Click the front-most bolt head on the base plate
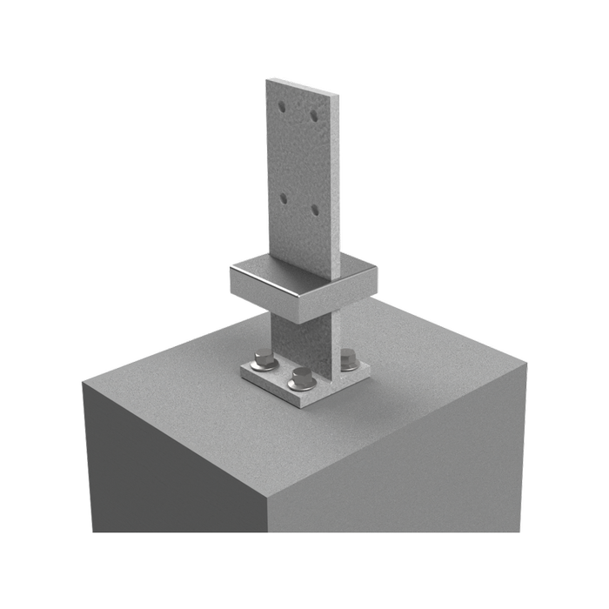[x=302, y=375]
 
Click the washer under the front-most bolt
[x=302, y=384]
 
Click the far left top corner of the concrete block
[x=84, y=383]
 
